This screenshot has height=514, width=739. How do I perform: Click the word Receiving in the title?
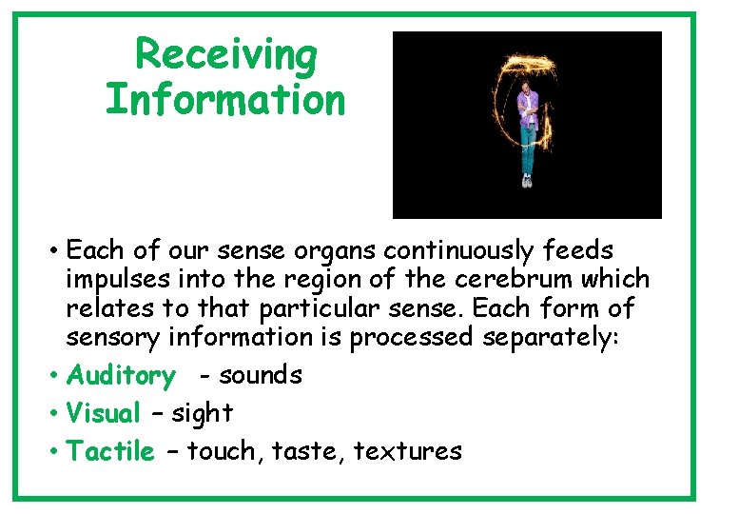pyautogui.click(x=226, y=55)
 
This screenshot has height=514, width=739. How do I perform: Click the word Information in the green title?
pyautogui.click(x=226, y=100)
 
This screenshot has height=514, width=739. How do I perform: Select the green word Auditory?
pyautogui.click(x=121, y=376)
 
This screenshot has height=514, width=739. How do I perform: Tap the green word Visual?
pyautogui.click(x=104, y=413)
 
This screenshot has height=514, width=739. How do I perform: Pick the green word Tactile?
pyautogui.click(x=110, y=451)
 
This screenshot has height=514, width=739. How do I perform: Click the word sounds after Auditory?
pyautogui.click(x=260, y=376)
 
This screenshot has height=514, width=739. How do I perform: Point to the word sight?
pyautogui.click(x=202, y=413)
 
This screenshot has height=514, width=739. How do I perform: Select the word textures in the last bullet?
pyautogui.click(x=407, y=451)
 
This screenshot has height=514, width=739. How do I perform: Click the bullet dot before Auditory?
pyautogui.click(x=55, y=377)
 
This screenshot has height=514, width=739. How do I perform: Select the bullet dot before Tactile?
pyautogui.click(x=55, y=452)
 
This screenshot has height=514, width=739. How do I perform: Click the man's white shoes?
pyautogui.click(x=526, y=180)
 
